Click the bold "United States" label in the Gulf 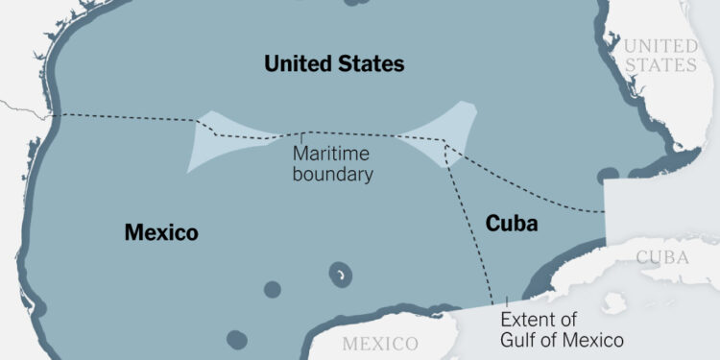[334, 64]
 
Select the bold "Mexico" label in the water [161, 232]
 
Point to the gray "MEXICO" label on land [381, 343]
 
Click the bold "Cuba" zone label [512, 224]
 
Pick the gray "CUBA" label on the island [663, 257]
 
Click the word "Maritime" [331, 154]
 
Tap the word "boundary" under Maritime [334, 175]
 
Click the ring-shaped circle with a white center [340, 276]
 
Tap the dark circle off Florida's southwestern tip [608, 177]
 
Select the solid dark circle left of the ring [272, 289]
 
